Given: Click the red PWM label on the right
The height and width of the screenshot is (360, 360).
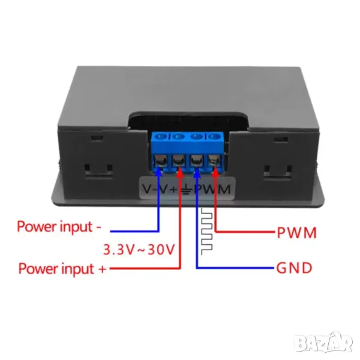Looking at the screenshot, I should tap(296, 232).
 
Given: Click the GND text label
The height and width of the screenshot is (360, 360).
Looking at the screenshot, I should tap(293, 268).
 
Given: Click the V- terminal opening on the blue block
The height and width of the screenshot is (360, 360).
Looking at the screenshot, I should tap(161, 161).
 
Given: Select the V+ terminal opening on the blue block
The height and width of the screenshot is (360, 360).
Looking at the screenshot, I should tap(178, 161).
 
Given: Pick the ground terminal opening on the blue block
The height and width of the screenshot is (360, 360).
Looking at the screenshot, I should tap(196, 161).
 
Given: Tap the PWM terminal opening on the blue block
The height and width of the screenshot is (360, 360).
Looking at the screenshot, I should tap(214, 161).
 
